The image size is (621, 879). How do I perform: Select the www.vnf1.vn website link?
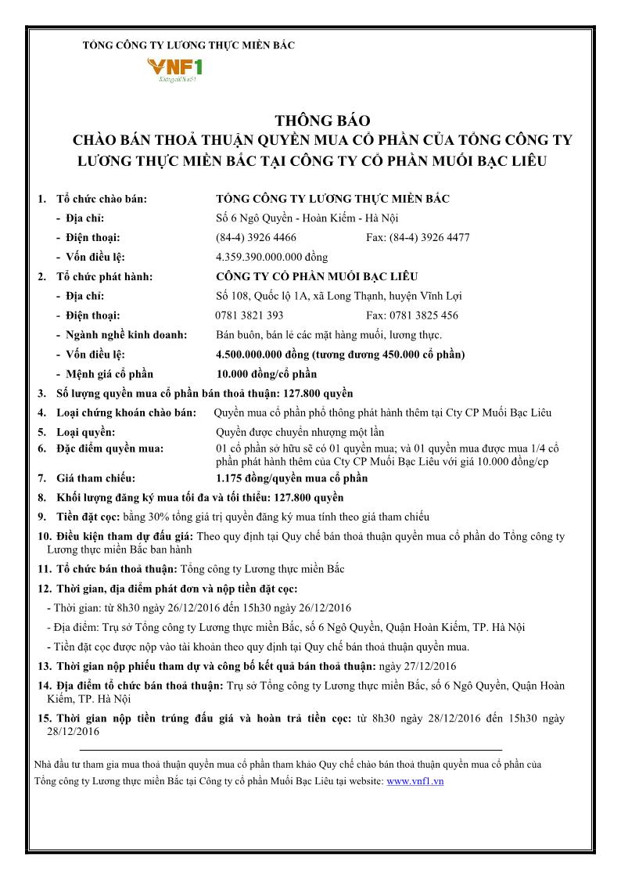415,781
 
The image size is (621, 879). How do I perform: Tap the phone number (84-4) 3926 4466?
256,237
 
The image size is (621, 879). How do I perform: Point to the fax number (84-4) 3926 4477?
418,237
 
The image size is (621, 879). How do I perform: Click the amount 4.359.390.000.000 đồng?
271,257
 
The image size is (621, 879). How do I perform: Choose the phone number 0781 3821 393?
249,315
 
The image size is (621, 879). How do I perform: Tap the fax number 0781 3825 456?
412,315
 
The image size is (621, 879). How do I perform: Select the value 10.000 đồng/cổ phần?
266,374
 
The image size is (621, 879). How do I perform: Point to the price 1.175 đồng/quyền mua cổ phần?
291,477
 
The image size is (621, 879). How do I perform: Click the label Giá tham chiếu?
96,477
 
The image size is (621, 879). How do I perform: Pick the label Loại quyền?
86,432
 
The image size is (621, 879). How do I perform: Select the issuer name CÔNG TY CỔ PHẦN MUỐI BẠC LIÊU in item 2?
316,276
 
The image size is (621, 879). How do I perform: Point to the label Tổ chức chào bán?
102,199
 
